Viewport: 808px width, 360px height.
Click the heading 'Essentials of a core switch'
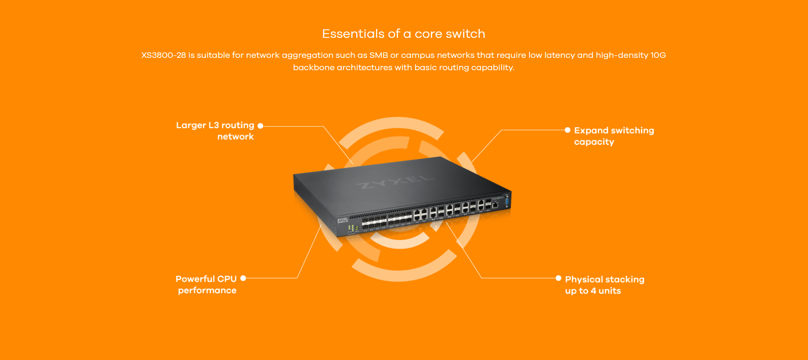(404, 34)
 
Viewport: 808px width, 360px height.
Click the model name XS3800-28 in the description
(163, 55)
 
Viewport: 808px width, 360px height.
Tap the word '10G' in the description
(658, 55)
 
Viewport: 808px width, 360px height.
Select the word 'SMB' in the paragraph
(378, 55)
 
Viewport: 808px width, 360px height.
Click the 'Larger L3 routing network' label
(215, 131)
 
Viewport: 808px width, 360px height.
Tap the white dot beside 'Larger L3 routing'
(261, 126)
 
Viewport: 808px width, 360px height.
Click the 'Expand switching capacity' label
(613, 136)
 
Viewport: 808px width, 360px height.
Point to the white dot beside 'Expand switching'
(567, 130)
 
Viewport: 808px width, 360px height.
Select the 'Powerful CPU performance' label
(206, 285)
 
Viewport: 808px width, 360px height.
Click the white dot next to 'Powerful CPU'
(243, 278)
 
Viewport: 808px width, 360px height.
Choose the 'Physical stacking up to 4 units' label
(604, 285)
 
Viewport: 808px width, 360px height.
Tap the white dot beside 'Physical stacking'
(559, 278)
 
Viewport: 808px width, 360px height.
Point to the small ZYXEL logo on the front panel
(342, 220)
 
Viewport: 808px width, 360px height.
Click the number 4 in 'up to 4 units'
(593, 291)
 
